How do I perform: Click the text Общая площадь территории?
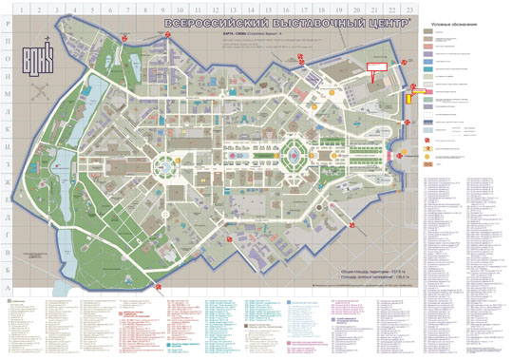point(338,263)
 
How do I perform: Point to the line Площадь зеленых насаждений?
point(338,270)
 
